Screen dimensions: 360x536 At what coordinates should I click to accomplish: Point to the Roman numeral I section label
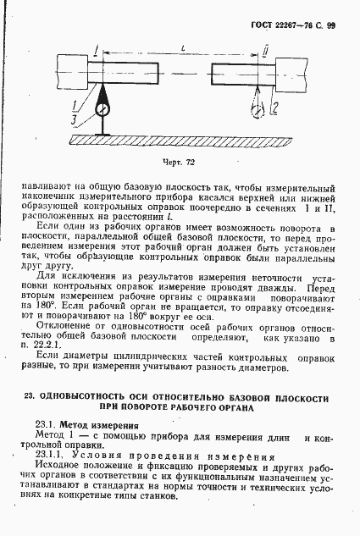(x=98, y=53)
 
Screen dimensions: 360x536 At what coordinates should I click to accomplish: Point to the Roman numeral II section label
(x=265, y=53)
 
